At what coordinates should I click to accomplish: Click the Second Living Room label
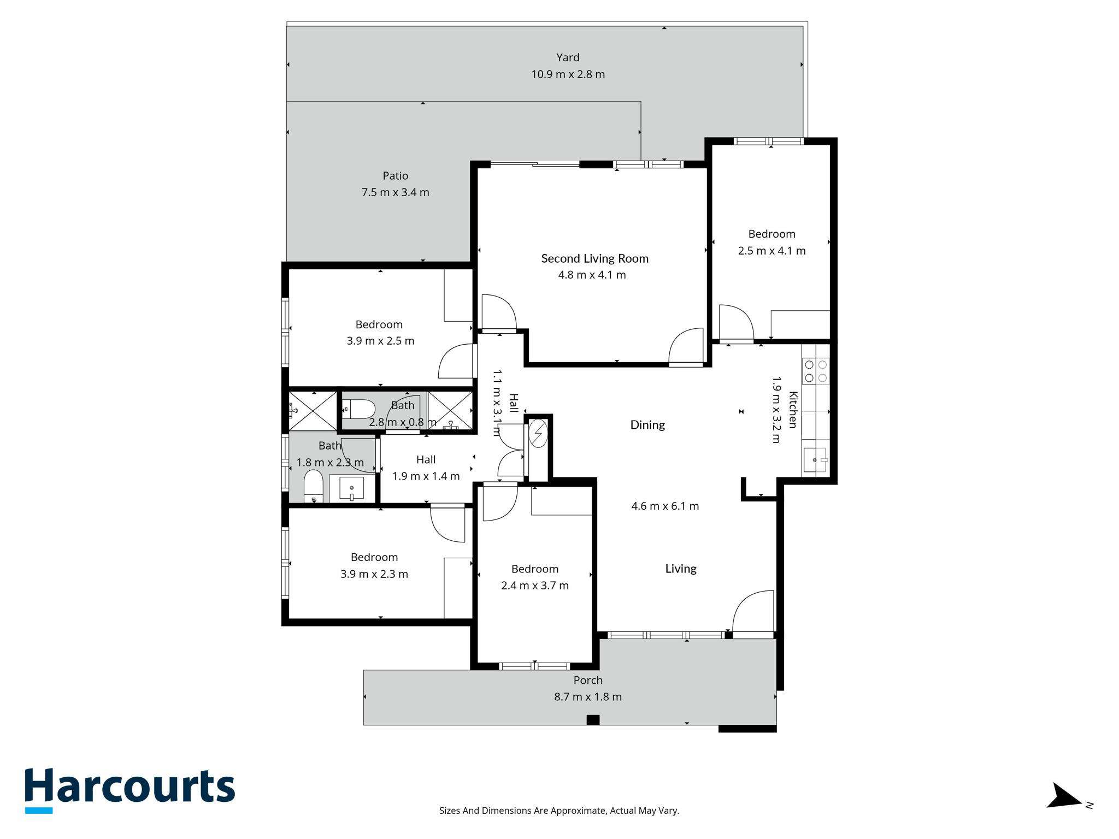click(x=594, y=258)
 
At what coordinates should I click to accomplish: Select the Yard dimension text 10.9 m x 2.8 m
click(x=568, y=74)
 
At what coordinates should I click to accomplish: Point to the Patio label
click(x=395, y=176)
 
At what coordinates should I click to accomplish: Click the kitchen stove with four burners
click(x=816, y=371)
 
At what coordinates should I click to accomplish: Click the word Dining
click(x=647, y=425)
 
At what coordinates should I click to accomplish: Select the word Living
click(x=681, y=569)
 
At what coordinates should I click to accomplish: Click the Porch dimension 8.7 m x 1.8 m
click(x=588, y=697)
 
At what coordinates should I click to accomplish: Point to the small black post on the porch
click(x=593, y=720)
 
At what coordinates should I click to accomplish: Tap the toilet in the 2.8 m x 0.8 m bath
click(x=358, y=409)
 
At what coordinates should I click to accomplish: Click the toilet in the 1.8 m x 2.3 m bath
click(x=314, y=486)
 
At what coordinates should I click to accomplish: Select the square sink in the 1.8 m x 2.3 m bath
click(x=351, y=488)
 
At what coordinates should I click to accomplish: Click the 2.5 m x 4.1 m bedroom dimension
click(x=771, y=251)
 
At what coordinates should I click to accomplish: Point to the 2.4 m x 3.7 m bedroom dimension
click(x=535, y=586)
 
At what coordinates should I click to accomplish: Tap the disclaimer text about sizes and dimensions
click(x=559, y=811)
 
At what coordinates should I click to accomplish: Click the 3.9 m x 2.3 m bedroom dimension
click(x=374, y=574)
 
